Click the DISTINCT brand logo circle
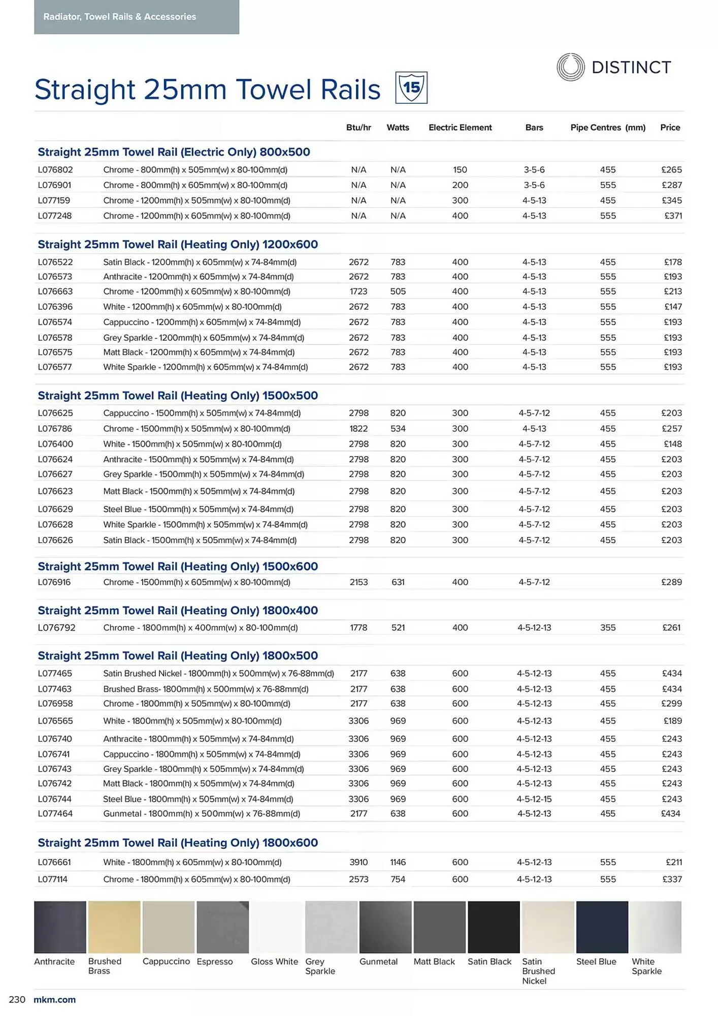[570, 67]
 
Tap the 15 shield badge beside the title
[411, 88]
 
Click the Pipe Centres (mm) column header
[607, 128]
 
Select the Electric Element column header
[460, 128]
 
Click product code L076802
[55, 170]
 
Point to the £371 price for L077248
[673, 216]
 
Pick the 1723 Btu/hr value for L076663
[358, 292]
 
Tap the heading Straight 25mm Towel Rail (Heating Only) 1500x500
[178, 395]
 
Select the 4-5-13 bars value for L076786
[534, 429]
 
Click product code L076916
[54, 582]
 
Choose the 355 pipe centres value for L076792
[607, 628]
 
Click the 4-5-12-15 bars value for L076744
[534, 799]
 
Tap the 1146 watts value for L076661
[398, 862]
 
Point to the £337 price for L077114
[672, 879]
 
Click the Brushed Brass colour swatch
[114, 927]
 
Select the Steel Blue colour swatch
[602, 927]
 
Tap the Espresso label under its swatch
[215, 962]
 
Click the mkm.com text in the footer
[54, 1000]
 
